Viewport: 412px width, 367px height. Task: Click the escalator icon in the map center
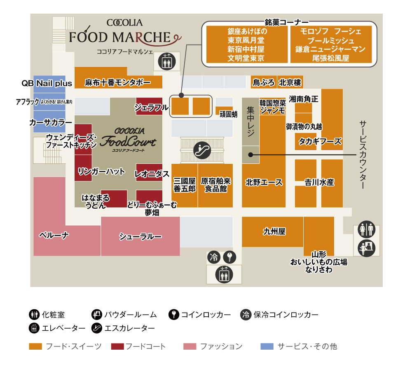click(x=202, y=150)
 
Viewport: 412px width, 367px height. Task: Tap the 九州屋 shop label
click(x=274, y=232)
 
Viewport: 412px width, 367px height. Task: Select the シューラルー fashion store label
click(x=140, y=236)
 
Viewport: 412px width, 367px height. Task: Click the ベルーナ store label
click(x=54, y=235)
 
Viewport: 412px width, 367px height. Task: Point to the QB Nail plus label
click(x=47, y=83)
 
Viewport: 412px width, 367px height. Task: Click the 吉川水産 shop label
click(x=319, y=182)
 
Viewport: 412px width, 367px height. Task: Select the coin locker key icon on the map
click(x=229, y=258)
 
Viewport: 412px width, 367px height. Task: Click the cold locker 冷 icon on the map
click(x=214, y=258)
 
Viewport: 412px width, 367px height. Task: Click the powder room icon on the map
click(x=366, y=247)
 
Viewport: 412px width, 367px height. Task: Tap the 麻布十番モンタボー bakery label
click(x=118, y=82)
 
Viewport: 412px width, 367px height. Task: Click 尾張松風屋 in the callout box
click(x=331, y=58)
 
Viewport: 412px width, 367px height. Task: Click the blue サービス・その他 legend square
click(x=267, y=346)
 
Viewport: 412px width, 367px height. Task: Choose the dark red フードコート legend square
click(x=117, y=346)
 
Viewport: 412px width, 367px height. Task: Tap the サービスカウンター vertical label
click(x=363, y=155)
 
